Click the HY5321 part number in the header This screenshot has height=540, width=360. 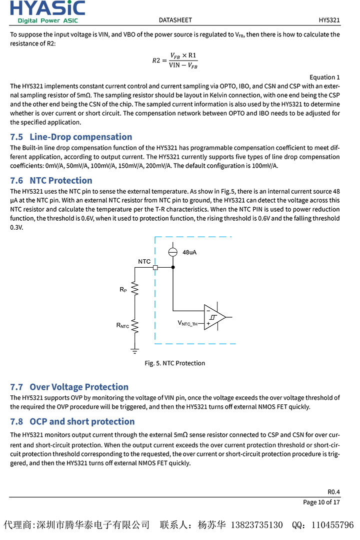pos(329,20)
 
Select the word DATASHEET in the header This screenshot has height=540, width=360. pos(175,20)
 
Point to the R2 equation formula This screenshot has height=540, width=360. pos(175,60)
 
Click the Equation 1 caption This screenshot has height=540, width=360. pos(324,77)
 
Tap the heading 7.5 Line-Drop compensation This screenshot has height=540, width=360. pos(71,137)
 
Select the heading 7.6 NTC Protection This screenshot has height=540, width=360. pos(51,180)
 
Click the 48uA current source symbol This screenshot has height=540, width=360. pos(173,252)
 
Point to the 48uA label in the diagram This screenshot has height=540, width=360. pos(189,252)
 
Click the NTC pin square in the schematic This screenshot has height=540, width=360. pos(155,268)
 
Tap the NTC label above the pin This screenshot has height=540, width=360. pos(144,261)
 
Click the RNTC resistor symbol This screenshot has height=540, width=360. pos(135,326)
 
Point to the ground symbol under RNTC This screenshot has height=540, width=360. pos(135,351)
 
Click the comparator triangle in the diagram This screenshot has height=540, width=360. pos(214,317)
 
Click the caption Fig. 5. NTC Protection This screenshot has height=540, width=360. pos(175,363)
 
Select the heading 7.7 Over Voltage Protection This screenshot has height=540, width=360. pos(69,387)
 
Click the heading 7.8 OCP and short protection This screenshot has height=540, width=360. pos(72,421)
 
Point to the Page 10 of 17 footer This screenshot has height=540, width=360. pos(321,502)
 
